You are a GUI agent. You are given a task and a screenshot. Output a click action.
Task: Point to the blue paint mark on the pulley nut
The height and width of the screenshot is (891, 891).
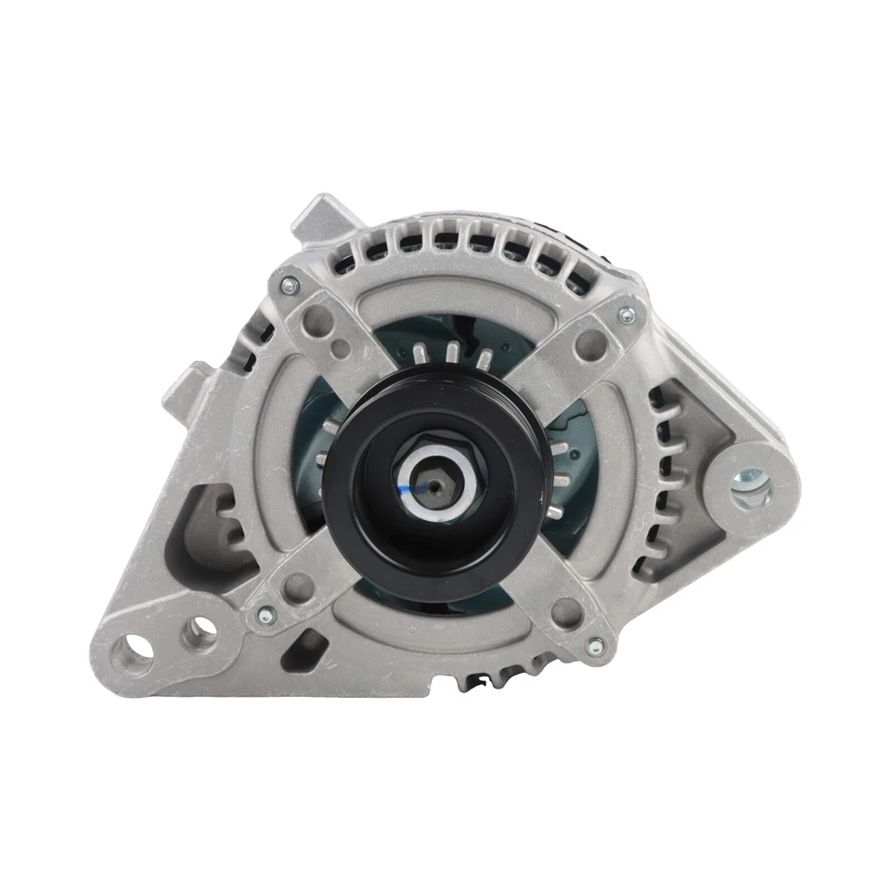409,482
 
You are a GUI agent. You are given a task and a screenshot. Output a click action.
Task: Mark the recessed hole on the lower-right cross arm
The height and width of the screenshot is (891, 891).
561,609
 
